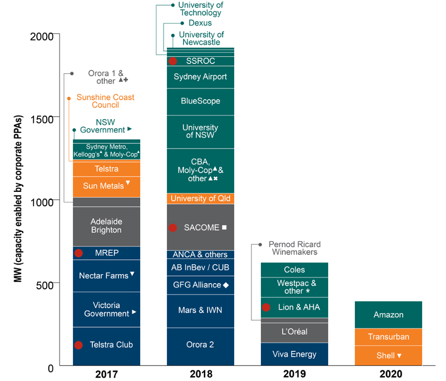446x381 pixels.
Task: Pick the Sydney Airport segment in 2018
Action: coord(200,77)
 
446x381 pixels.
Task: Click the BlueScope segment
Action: coord(200,101)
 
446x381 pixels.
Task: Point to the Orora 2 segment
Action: coord(200,344)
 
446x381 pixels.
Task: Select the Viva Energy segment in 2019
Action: coord(294,354)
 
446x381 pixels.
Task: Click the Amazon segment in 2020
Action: coord(388,315)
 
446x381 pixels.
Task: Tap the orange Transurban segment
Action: coord(388,337)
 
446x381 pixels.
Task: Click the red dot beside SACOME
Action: coord(173,227)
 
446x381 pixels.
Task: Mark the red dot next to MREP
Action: coord(78,253)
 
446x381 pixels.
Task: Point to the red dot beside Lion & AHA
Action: coord(266,307)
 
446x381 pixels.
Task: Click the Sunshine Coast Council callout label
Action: coord(105,101)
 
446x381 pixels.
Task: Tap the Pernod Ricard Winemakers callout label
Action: coord(294,248)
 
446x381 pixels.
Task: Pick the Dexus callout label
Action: coord(200,23)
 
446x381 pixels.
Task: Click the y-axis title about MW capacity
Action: coord(19,200)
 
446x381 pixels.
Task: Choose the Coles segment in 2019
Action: coord(294,270)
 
